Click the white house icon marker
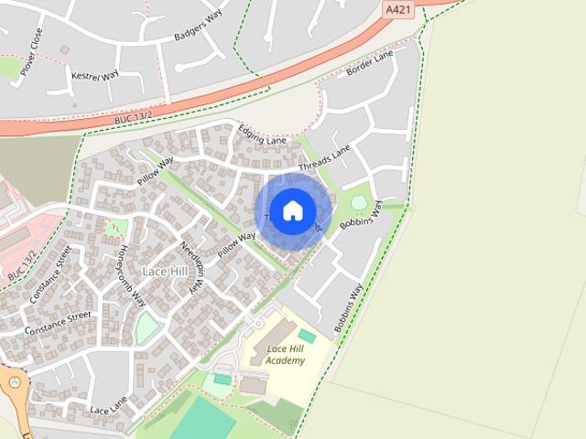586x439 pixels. [x=292, y=210]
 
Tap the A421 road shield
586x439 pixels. [x=398, y=8]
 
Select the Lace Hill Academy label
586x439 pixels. [x=285, y=355]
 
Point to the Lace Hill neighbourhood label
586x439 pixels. [x=166, y=272]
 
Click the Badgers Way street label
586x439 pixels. [x=198, y=27]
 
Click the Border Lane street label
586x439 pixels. [x=370, y=66]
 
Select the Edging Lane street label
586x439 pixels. [x=262, y=135]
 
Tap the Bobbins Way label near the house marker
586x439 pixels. [x=361, y=213]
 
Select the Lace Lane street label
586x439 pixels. [x=109, y=403]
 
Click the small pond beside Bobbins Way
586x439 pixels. [x=359, y=201]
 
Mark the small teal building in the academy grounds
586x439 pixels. [x=307, y=337]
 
